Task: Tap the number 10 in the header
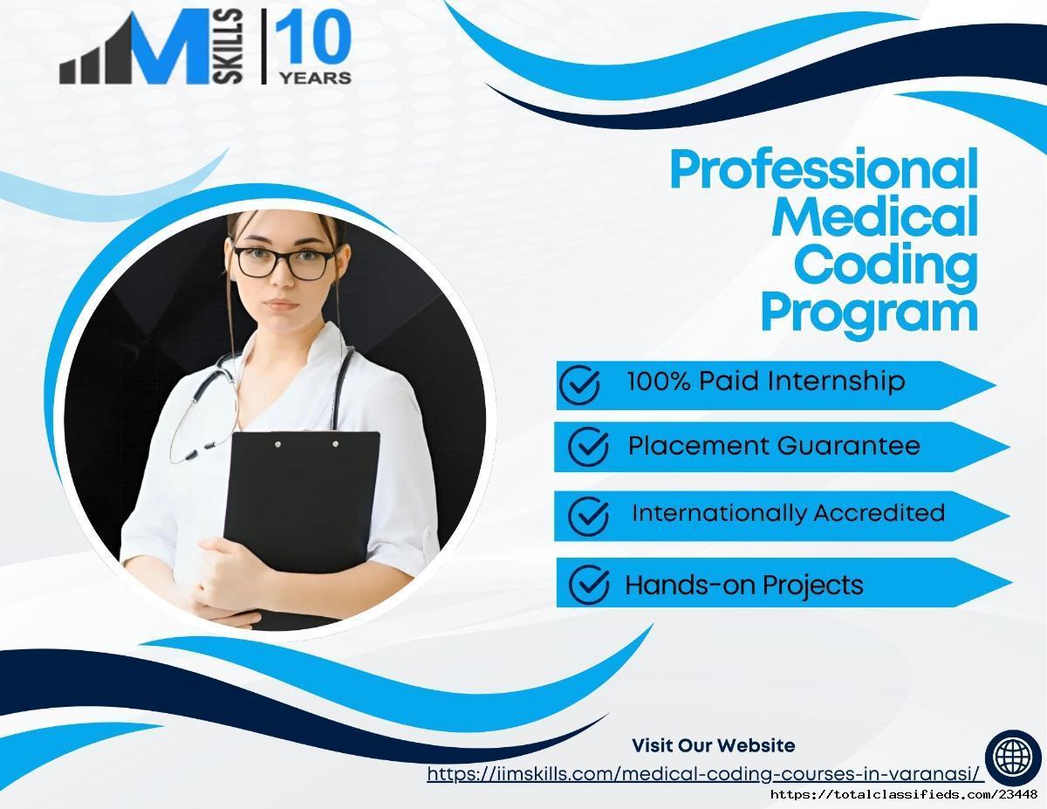coord(313,38)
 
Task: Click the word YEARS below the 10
coord(316,78)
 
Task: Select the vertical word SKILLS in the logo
coord(228,47)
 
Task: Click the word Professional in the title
coord(824,168)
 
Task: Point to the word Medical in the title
coord(875,216)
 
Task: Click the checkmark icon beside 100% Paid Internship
coord(579,384)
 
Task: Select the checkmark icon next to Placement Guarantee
coord(588,446)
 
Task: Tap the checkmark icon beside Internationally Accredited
coord(588,516)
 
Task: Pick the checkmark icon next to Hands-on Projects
coord(589,584)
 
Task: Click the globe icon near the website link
coord(1013,756)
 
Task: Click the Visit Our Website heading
coord(714,745)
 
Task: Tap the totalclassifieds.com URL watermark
coord(905,794)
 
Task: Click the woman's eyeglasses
coord(284,263)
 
